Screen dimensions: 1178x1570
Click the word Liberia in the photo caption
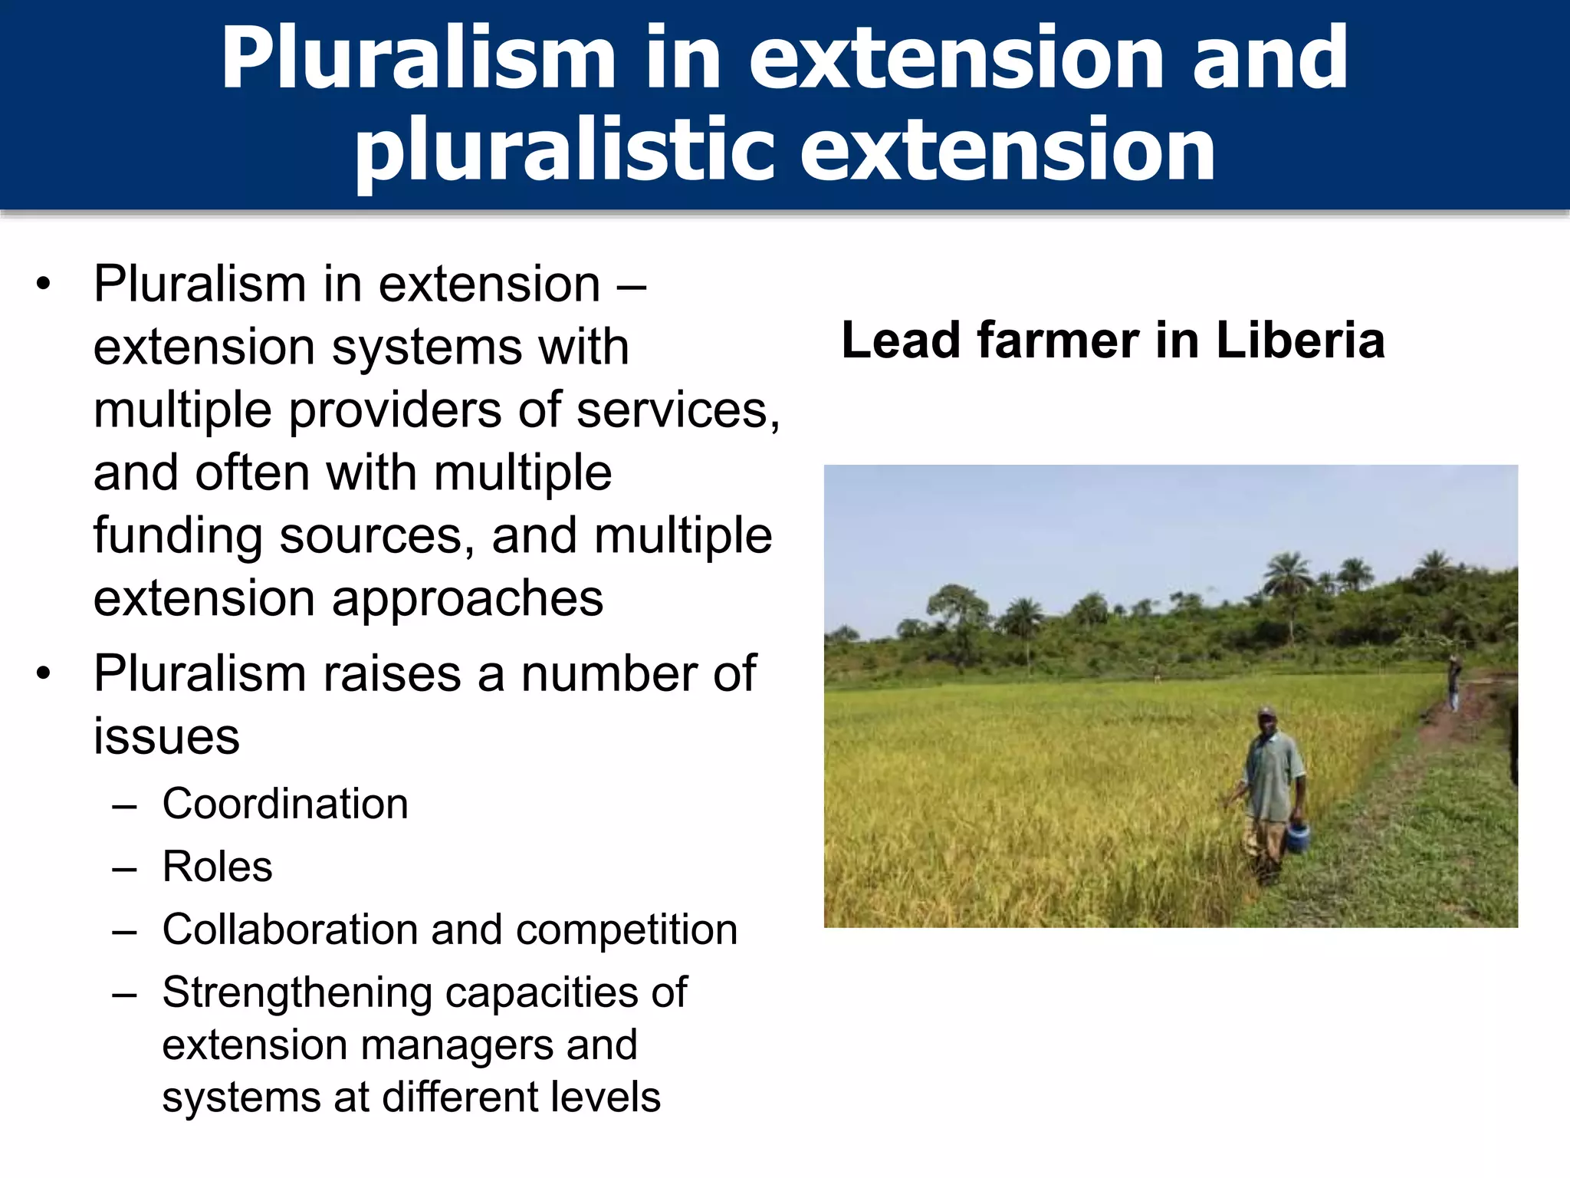(1300, 340)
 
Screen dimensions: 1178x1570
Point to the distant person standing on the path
(1453, 683)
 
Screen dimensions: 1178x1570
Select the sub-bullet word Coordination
(285, 804)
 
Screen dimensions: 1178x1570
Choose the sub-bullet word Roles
(217, 867)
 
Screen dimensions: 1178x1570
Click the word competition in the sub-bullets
(626, 930)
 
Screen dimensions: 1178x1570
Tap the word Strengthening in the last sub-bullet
(297, 992)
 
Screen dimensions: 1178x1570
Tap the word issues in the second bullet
(166, 736)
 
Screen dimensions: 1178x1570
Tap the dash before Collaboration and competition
(123, 931)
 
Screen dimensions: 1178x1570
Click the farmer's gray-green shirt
(1273, 775)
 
